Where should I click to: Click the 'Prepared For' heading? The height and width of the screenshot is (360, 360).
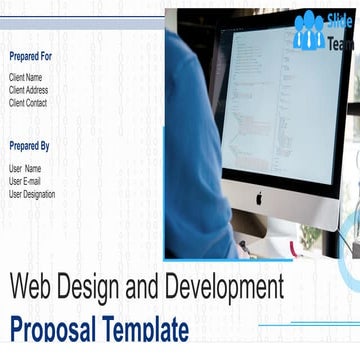(30, 56)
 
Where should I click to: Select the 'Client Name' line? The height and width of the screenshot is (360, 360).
(26, 77)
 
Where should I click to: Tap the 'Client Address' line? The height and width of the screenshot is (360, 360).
(28, 90)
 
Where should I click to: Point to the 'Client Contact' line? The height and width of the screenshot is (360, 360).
(28, 103)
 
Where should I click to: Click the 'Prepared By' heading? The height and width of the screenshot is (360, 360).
(29, 146)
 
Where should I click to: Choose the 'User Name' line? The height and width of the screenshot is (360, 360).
(25, 169)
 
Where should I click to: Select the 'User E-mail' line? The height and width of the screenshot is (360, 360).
(25, 182)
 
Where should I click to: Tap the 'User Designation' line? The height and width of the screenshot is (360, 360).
(32, 195)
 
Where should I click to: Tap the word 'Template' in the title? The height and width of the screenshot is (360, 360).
(150, 330)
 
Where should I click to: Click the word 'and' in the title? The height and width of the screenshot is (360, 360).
(155, 288)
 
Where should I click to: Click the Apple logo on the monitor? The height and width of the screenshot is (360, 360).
(258, 197)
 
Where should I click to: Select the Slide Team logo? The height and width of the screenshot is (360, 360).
(324, 31)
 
